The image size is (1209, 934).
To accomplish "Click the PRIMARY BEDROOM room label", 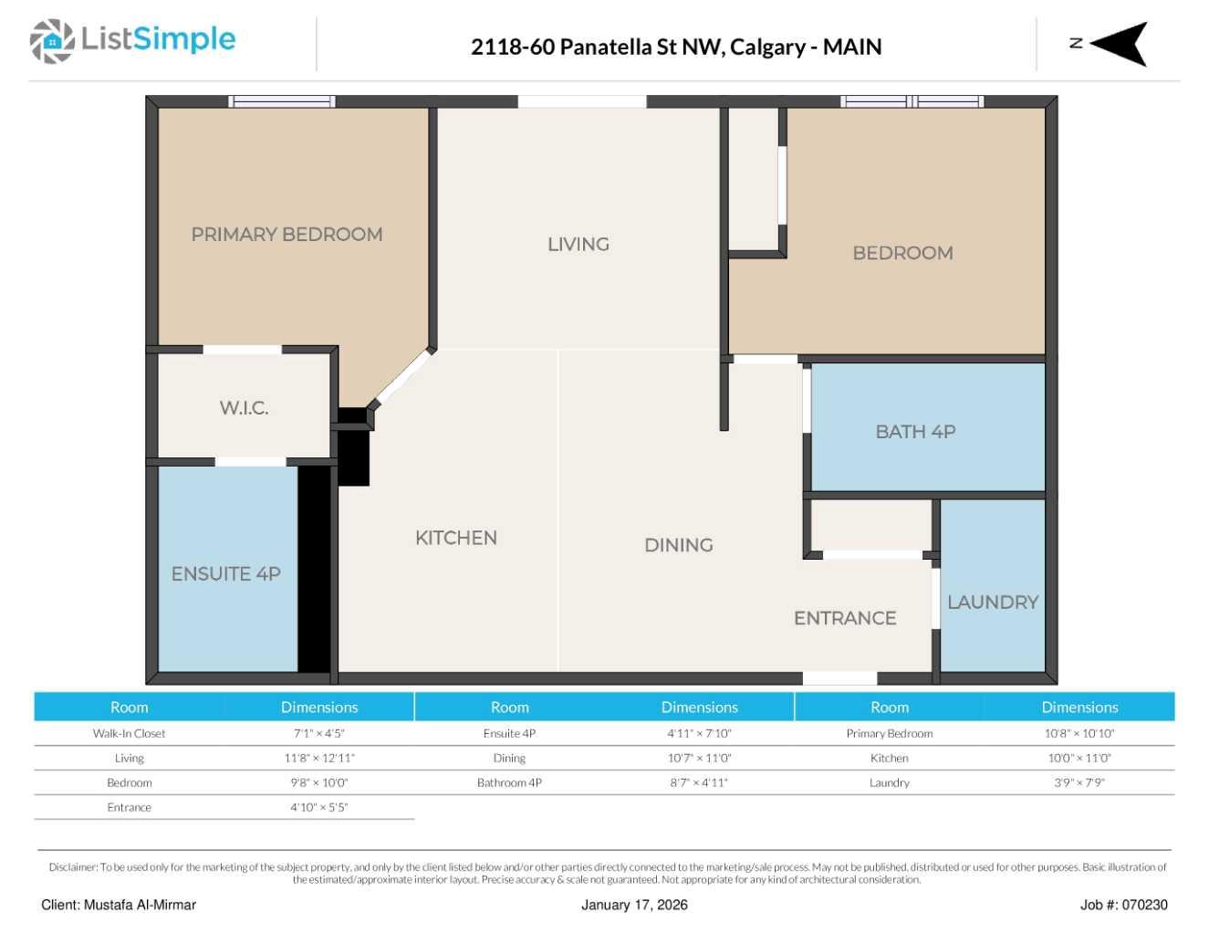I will tap(287, 235).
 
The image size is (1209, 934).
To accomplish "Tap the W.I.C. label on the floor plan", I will tap(244, 408).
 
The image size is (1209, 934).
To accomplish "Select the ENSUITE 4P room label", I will tap(225, 574).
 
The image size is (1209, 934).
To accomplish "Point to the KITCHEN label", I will tap(456, 538).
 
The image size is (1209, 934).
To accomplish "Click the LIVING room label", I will tap(578, 245).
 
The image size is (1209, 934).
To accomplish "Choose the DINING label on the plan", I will tap(678, 545).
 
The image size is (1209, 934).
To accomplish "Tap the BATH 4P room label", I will tap(915, 432).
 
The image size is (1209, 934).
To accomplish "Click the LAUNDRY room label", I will tap(993, 603).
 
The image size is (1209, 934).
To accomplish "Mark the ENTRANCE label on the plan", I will tap(845, 618).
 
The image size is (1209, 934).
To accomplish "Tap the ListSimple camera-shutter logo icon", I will tap(52, 41).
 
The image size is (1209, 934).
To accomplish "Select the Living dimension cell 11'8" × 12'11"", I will tap(319, 758).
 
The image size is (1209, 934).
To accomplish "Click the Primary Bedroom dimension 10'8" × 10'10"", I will tap(1079, 733).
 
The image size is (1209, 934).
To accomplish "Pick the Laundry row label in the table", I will tap(889, 782).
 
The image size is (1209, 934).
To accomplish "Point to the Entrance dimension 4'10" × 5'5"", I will tap(319, 807).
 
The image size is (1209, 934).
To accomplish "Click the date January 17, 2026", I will tap(634, 905).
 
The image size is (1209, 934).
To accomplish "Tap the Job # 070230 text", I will tap(1123, 905).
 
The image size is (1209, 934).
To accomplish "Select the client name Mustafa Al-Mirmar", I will tap(140, 905).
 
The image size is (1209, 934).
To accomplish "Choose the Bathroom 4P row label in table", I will tap(509, 782).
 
